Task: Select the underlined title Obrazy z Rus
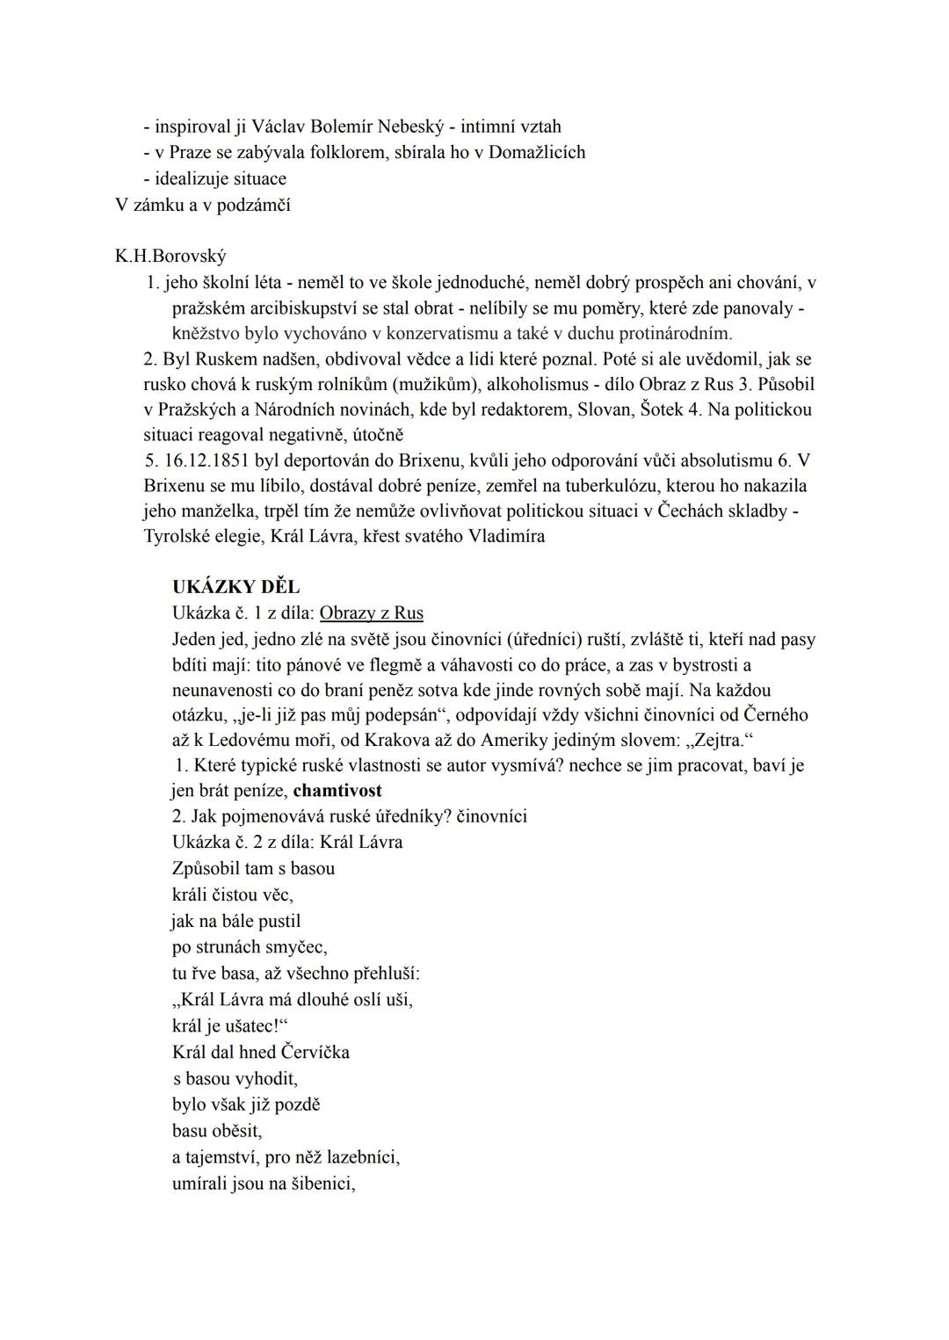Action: tap(371, 613)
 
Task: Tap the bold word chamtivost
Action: tap(337, 790)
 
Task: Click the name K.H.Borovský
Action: tap(170, 257)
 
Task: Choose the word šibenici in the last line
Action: tap(317, 1184)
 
